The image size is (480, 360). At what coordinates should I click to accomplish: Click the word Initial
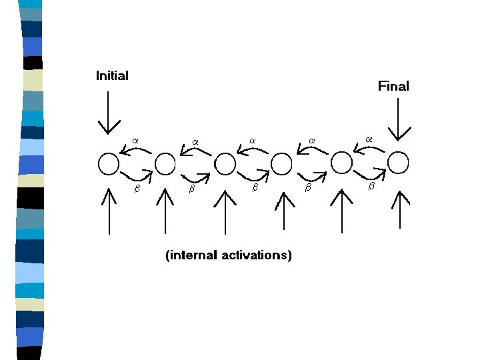pos(112,75)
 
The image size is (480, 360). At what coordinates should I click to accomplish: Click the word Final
pos(393,86)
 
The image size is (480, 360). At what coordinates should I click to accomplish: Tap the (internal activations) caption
pos(228,255)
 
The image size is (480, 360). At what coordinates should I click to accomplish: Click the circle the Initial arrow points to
pos(109,163)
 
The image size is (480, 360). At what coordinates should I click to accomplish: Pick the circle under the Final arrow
pos(398,162)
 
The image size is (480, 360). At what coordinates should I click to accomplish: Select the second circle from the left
pos(165,163)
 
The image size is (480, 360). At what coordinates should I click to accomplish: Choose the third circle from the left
pos(225,163)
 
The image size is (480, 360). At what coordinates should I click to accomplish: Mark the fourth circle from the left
pos(281,163)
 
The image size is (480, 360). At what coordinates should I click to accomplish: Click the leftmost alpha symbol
pos(135,140)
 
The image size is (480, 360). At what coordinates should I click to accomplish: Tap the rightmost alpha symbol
pos(369,139)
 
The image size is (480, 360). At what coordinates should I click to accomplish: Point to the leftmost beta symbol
pos(137,189)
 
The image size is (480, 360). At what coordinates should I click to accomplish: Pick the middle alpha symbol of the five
pos(253,140)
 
